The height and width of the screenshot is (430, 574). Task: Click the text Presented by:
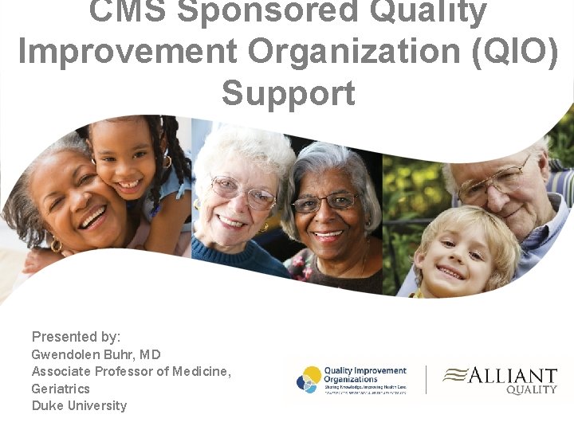tap(76, 336)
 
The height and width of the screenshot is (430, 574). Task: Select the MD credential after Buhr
tap(150, 354)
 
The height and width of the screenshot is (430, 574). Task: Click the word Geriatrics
tap(61, 389)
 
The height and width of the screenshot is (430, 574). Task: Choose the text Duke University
tap(79, 405)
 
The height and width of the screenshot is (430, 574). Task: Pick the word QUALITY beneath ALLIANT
tap(532, 390)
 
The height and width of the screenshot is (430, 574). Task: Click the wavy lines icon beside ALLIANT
tap(456, 375)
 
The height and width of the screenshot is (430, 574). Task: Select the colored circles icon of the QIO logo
tap(309, 379)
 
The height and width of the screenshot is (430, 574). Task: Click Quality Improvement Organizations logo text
tap(364, 374)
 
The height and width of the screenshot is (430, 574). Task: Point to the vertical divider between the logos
tap(426, 380)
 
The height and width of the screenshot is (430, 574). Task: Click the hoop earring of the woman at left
tap(56, 246)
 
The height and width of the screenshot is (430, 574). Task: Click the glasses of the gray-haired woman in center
tap(326, 203)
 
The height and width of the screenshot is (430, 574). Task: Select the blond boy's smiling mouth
tap(450, 272)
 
